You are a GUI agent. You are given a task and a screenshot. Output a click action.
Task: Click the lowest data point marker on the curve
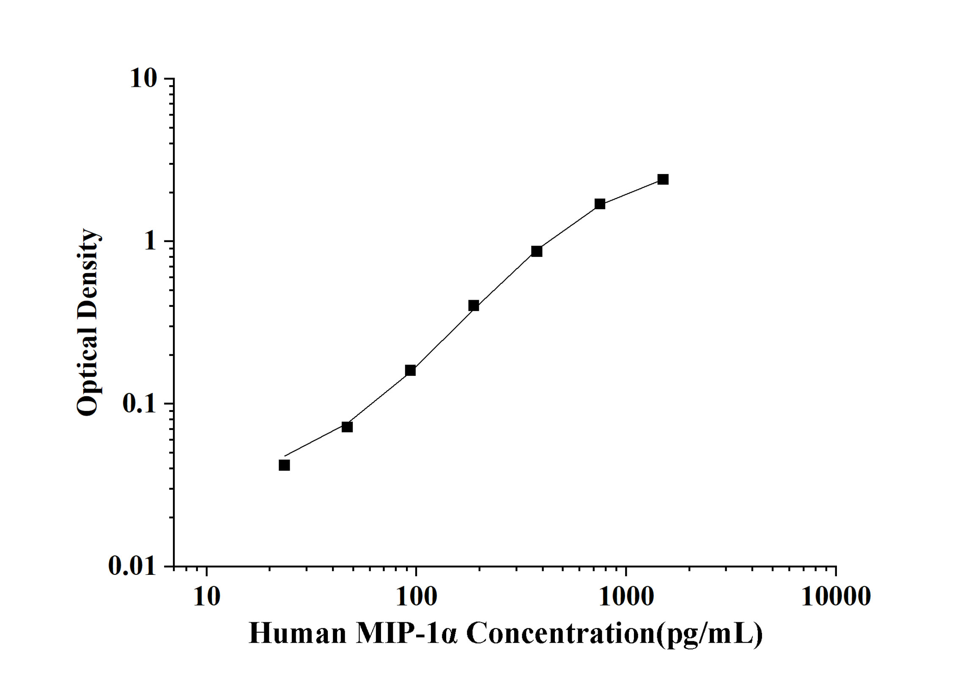click(284, 465)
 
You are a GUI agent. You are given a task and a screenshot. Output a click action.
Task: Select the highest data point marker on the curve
click(663, 179)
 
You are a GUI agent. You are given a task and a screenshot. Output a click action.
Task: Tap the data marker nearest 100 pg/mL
click(410, 370)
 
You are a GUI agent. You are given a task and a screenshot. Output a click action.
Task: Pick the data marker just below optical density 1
click(537, 251)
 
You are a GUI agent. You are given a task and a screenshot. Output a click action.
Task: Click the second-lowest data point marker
click(347, 427)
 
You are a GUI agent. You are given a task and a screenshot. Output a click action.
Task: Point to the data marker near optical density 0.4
click(474, 306)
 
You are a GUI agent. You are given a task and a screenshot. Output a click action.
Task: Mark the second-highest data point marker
click(600, 204)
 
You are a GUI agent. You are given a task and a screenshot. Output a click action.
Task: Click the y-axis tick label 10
click(143, 79)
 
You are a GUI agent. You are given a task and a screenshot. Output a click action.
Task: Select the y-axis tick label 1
click(150, 241)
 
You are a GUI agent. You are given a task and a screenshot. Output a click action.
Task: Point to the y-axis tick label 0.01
click(132, 566)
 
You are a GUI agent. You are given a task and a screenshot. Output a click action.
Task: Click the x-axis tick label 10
click(206, 597)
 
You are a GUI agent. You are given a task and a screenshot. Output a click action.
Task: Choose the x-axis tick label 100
click(416, 597)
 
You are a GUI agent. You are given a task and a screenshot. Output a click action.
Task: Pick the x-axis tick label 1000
click(626, 597)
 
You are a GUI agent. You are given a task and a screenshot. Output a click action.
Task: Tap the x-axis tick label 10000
click(836, 597)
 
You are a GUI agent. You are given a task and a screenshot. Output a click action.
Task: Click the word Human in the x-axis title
click(297, 634)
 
